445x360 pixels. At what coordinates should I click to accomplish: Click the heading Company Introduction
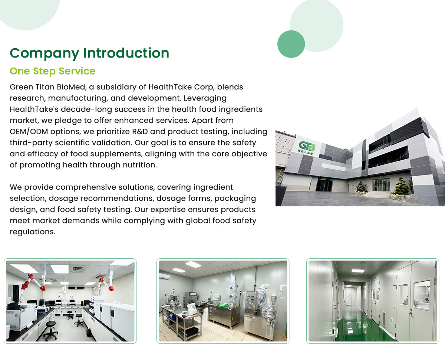(89, 53)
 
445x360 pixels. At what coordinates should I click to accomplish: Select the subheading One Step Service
(52, 71)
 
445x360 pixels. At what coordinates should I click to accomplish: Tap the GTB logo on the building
(307, 147)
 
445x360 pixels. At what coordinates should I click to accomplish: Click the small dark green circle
(291, 44)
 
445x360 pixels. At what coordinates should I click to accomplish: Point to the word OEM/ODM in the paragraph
(29, 131)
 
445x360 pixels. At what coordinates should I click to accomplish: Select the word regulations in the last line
(33, 232)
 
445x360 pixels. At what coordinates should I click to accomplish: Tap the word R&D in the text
(140, 131)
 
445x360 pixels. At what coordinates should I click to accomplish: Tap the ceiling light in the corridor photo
(358, 271)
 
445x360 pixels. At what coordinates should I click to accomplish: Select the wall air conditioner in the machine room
(164, 276)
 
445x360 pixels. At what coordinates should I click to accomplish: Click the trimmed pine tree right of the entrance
(402, 186)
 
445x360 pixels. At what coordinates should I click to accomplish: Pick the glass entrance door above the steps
(382, 184)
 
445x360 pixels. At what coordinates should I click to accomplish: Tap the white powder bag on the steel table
(192, 308)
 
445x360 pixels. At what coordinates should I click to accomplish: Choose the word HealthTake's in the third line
(34, 109)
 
